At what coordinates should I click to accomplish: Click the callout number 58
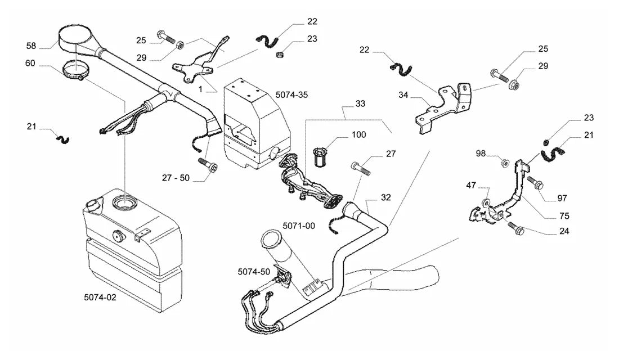31,46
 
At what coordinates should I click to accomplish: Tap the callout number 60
30,63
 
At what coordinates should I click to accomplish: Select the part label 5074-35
291,94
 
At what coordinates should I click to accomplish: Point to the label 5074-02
100,297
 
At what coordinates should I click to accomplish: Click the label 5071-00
299,226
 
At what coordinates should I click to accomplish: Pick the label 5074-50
254,272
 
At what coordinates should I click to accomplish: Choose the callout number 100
359,134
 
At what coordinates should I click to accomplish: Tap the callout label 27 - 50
176,178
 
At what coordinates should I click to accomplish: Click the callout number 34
403,94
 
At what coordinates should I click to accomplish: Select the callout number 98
481,153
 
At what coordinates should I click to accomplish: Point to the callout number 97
562,198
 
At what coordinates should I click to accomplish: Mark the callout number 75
564,216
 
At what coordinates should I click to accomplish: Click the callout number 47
471,185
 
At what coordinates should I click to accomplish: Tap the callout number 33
360,103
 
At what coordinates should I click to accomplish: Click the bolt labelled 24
515,227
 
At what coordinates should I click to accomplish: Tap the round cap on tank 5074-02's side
117,236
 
